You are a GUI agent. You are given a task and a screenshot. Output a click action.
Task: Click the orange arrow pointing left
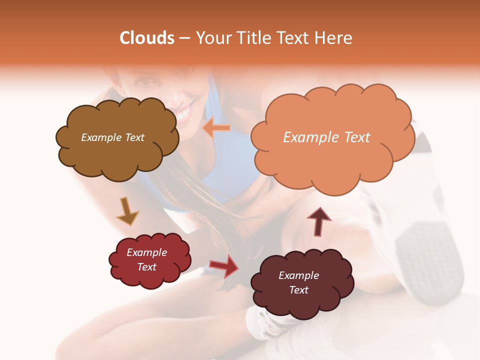point(216,128)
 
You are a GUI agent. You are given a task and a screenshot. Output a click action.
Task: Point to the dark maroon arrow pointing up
point(318,221)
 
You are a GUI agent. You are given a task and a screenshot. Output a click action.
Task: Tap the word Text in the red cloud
point(147,267)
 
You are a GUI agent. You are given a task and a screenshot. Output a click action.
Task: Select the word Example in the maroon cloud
point(298,275)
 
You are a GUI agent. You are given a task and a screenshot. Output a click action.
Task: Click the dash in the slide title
point(184,38)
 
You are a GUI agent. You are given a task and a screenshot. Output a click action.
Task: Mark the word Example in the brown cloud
point(100,137)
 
